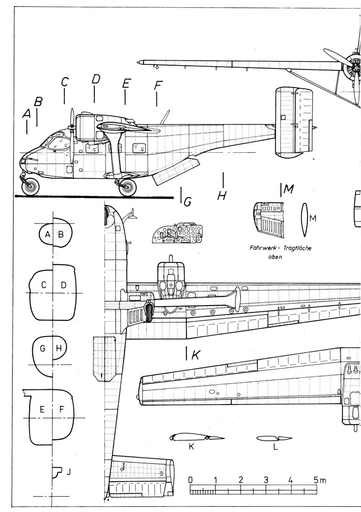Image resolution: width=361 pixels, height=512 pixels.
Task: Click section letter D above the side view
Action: pos(95,79)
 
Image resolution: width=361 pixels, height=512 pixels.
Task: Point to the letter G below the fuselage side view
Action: pos(187,202)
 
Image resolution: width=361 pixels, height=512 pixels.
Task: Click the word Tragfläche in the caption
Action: pos(294,248)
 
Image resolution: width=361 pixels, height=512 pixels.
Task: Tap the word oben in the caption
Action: pos(275,257)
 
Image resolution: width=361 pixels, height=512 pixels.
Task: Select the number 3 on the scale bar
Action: pos(266,480)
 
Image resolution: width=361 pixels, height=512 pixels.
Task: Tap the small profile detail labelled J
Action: pos(57,473)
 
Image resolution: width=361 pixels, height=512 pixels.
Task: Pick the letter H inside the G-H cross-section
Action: pos(59,349)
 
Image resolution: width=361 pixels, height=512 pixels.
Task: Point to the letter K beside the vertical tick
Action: pos(195,355)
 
